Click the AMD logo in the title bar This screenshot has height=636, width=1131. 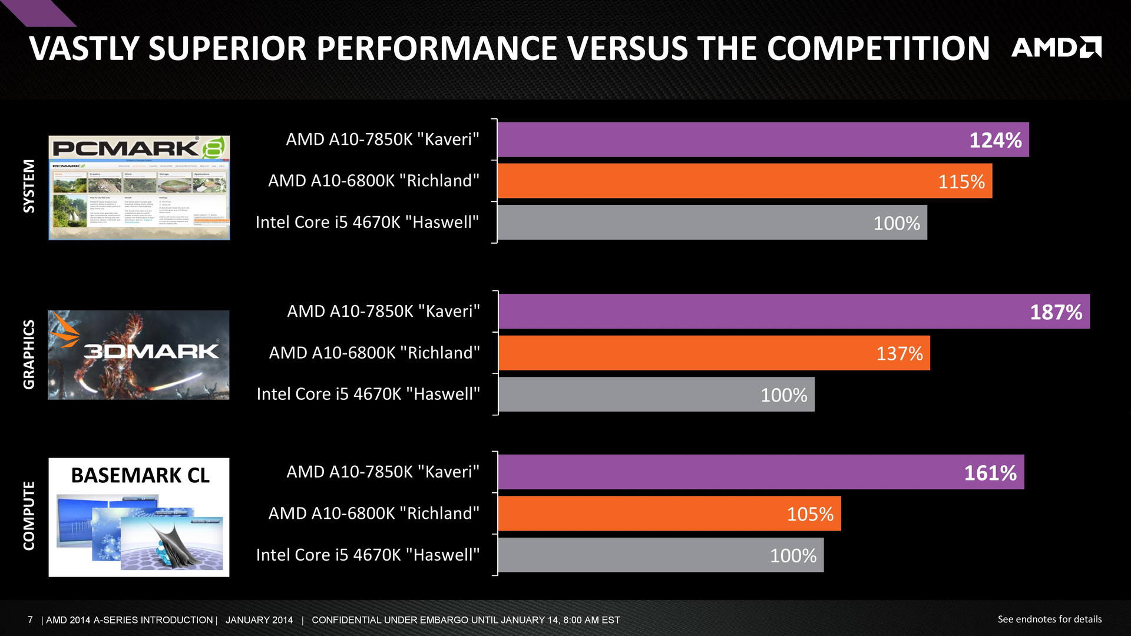pos(1056,48)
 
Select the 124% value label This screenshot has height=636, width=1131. pos(996,140)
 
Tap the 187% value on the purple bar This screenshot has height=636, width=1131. pos(1056,312)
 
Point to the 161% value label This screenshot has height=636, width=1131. pos(990,473)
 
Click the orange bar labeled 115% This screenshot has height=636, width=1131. pos(745,181)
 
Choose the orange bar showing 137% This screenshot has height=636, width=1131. pos(714,353)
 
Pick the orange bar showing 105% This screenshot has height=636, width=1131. pos(669,514)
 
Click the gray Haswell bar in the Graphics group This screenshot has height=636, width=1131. pos(656,395)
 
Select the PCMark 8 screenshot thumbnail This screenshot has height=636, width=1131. pos(139,188)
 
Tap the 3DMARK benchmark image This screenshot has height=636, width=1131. pos(138,355)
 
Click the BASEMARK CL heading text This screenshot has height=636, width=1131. pos(140,475)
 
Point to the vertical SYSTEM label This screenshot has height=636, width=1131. pos(29,186)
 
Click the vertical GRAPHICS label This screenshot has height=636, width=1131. pos(29,355)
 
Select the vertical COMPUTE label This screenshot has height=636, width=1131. pos(29,516)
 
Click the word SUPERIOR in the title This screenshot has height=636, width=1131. pos(227,48)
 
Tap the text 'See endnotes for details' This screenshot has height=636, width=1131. pos(1049,619)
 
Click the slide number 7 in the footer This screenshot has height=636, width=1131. pos(30,620)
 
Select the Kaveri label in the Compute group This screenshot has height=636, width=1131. pos(383,472)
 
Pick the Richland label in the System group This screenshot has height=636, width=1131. pos(373,181)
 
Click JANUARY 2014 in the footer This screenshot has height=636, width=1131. pos(259,620)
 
